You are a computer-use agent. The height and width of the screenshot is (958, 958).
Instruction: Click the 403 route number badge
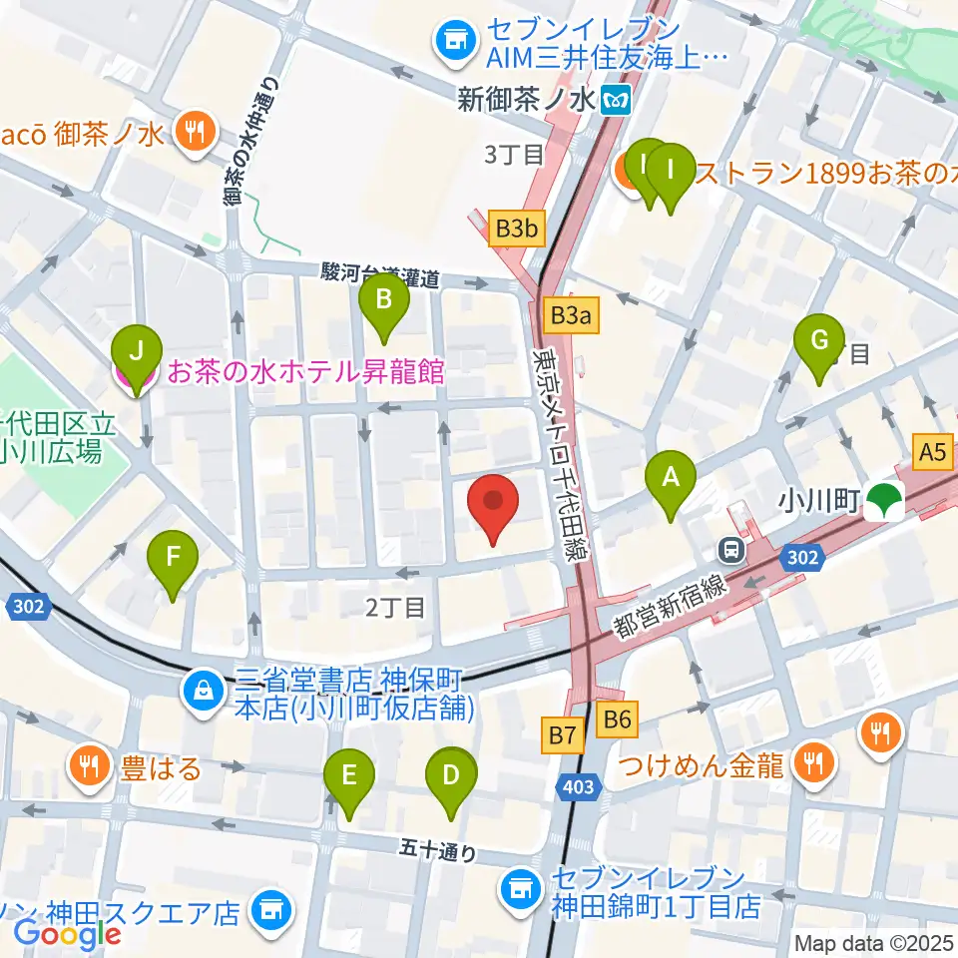click(x=578, y=787)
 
